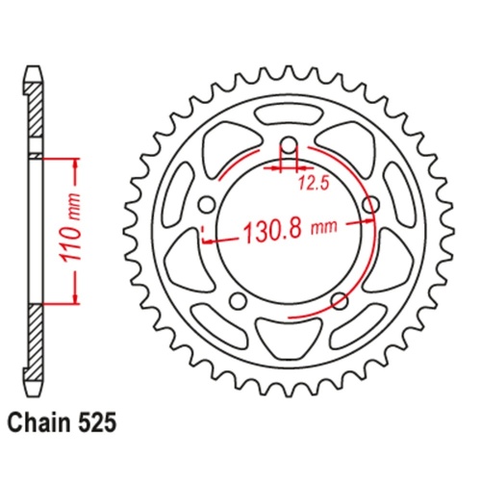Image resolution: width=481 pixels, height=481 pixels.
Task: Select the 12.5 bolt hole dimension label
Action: [x=309, y=180]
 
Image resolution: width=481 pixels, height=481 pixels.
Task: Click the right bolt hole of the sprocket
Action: [x=371, y=206]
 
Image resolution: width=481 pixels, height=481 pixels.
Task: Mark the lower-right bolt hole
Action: [x=339, y=302]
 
